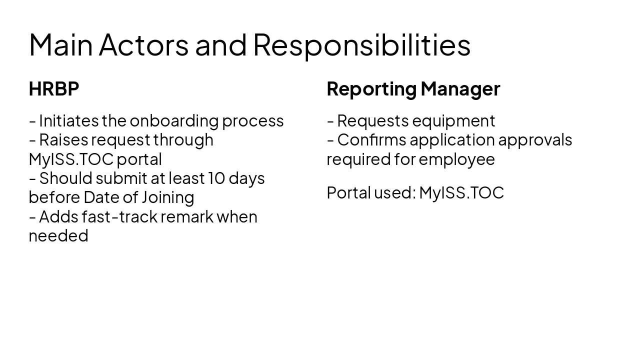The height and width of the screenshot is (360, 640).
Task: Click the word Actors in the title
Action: point(143,44)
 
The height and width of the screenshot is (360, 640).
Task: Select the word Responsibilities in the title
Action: point(361,44)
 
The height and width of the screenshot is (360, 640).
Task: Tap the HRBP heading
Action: point(54,89)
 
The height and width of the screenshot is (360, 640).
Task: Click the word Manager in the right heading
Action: point(460,89)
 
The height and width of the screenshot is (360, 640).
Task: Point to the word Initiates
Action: point(68,121)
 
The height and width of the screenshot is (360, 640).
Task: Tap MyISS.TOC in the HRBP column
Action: point(71,159)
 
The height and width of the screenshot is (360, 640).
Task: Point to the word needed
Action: point(58,235)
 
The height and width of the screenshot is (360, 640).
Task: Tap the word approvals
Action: point(535,140)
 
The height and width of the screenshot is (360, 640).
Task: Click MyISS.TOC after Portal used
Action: point(461,192)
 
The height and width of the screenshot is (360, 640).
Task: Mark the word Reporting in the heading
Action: point(371,89)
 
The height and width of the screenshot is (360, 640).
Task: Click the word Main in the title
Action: point(61,44)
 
